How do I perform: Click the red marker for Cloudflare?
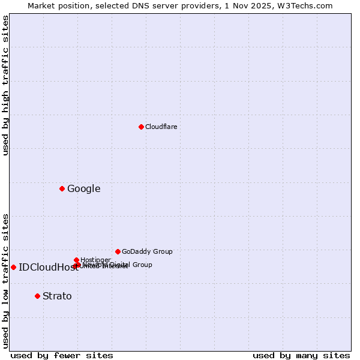(141, 127)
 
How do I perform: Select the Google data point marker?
(62, 188)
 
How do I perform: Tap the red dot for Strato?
(37, 296)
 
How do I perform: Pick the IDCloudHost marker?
(13, 267)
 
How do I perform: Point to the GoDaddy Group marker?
(118, 251)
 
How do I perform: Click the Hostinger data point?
(76, 260)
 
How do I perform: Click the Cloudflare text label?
(161, 127)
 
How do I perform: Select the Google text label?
(83, 188)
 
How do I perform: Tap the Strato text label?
(57, 296)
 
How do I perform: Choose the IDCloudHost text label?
(48, 268)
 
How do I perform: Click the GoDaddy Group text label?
(147, 251)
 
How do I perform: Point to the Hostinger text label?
(95, 260)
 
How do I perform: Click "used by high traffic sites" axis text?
(5, 85)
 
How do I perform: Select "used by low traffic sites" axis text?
(5, 281)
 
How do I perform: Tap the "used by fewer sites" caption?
(62, 355)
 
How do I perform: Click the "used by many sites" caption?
(301, 355)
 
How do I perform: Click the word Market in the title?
(41, 5)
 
